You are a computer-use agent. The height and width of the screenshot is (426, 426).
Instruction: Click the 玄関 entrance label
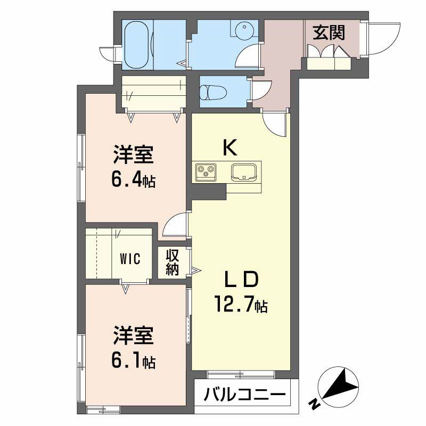(x=329, y=33)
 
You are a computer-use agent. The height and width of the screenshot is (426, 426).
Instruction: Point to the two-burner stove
(x=204, y=171)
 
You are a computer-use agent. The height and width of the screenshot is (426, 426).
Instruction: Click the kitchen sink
(x=244, y=171)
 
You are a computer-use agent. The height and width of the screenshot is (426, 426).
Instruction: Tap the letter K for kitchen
(x=230, y=148)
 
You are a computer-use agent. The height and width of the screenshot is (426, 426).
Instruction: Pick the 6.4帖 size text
(x=133, y=180)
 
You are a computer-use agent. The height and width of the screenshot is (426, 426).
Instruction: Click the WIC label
(x=129, y=259)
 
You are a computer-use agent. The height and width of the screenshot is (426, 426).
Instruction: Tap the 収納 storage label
(x=171, y=263)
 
